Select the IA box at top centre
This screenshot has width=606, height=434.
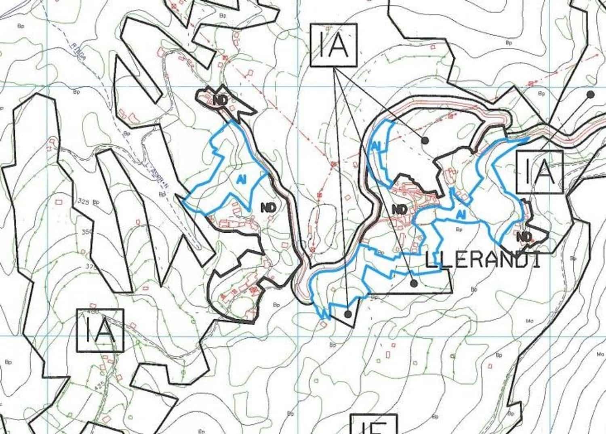tap(334, 45)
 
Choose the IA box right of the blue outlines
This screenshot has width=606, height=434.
tap(540, 171)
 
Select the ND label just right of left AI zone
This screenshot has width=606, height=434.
tap(269, 208)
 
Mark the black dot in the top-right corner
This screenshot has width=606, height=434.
tap(590, 95)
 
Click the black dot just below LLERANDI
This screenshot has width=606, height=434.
tap(414, 283)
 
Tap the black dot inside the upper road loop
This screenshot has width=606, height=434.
tap(425, 140)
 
